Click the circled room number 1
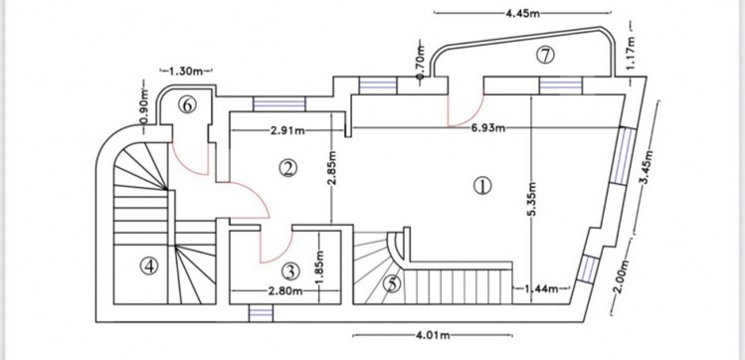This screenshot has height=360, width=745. (x=482, y=186)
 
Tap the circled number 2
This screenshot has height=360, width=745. (x=287, y=168)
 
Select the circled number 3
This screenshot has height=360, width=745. (x=290, y=271)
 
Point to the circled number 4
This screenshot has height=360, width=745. (x=149, y=266)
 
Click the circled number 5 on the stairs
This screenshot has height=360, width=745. (x=393, y=283)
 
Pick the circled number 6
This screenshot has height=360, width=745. (x=187, y=105)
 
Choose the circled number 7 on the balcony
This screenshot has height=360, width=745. (x=545, y=55)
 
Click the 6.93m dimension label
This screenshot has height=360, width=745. (x=488, y=128)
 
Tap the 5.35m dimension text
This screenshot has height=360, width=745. (x=532, y=200)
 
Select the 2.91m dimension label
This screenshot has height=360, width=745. (x=287, y=130)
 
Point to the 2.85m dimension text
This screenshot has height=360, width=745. (x=332, y=169)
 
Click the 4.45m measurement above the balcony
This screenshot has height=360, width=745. (x=522, y=13)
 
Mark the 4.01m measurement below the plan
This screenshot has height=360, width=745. (x=433, y=335)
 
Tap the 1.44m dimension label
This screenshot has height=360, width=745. (x=541, y=288)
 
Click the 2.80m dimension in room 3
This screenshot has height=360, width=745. (x=285, y=290)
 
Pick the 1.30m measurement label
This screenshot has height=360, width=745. (x=186, y=72)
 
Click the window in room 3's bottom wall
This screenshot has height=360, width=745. (x=261, y=313)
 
